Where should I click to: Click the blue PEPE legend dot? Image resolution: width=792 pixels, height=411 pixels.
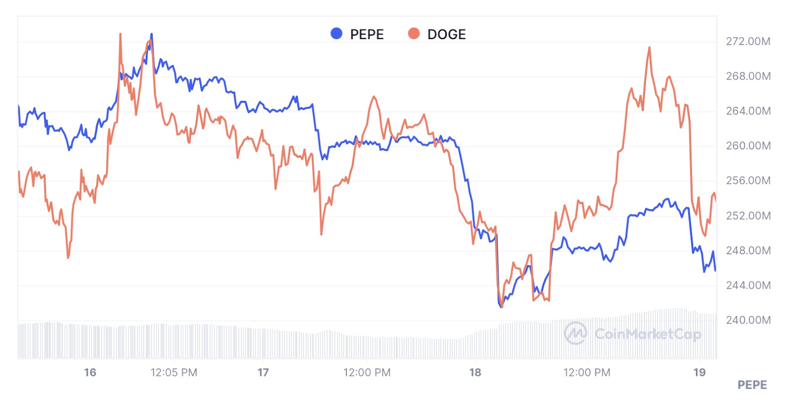click(x=337, y=34)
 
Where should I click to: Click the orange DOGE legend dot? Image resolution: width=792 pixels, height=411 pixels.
click(x=414, y=34)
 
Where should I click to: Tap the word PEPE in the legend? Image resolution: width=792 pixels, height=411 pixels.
click(x=367, y=35)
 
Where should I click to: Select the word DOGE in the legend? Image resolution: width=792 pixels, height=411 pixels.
click(x=446, y=35)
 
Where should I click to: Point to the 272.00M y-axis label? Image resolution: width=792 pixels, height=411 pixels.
click(x=748, y=42)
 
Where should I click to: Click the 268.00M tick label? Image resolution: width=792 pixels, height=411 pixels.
click(x=748, y=76)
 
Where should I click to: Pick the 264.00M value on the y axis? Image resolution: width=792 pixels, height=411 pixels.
click(x=748, y=111)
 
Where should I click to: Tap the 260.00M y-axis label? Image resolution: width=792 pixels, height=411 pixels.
click(x=748, y=146)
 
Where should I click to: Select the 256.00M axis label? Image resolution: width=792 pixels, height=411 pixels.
click(x=748, y=181)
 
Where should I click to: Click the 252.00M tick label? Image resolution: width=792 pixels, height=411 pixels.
click(x=748, y=216)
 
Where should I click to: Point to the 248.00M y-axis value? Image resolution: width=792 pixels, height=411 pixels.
click(x=748, y=251)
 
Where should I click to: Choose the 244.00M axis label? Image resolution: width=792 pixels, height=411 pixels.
click(x=748, y=285)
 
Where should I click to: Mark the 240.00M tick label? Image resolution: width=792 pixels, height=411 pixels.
click(x=748, y=320)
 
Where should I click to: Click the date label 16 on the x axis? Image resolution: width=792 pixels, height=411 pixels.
click(x=90, y=372)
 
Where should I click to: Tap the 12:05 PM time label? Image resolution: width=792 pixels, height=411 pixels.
click(x=174, y=372)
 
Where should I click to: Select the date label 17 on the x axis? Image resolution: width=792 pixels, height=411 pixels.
click(x=263, y=372)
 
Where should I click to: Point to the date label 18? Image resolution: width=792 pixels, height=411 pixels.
click(x=475, y=372)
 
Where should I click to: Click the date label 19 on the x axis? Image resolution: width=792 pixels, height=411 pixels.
click(x=699, y=372)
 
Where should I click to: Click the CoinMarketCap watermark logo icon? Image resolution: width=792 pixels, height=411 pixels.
click(x=576, y=333)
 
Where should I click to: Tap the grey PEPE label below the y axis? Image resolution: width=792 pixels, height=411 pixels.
click(x=752, y=385)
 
